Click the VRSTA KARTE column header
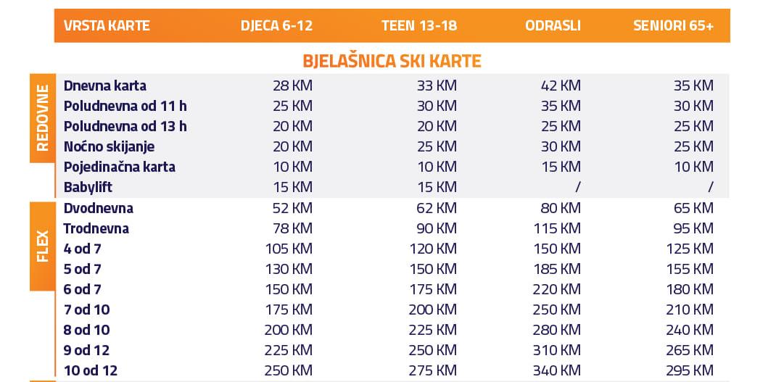(107, 25)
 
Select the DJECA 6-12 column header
(276, 25)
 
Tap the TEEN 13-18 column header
(419, 25)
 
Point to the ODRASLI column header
(553, 25)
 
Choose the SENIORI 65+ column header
(673, 25)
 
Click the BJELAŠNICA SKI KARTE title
(392, 61)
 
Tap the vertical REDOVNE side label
(42, 118)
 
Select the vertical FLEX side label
(42, 246)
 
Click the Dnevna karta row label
(105, 86)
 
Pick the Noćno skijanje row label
(110, 146)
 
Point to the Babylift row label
(88, 187)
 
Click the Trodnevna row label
(96, 228)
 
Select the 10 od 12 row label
(91, 370)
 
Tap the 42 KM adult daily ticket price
(561, 86)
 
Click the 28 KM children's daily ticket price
(292, 86)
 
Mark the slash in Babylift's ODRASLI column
(578, 187)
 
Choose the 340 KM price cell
(556, 370)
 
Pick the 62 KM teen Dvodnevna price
(437, 208)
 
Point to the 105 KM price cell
(289, 249)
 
